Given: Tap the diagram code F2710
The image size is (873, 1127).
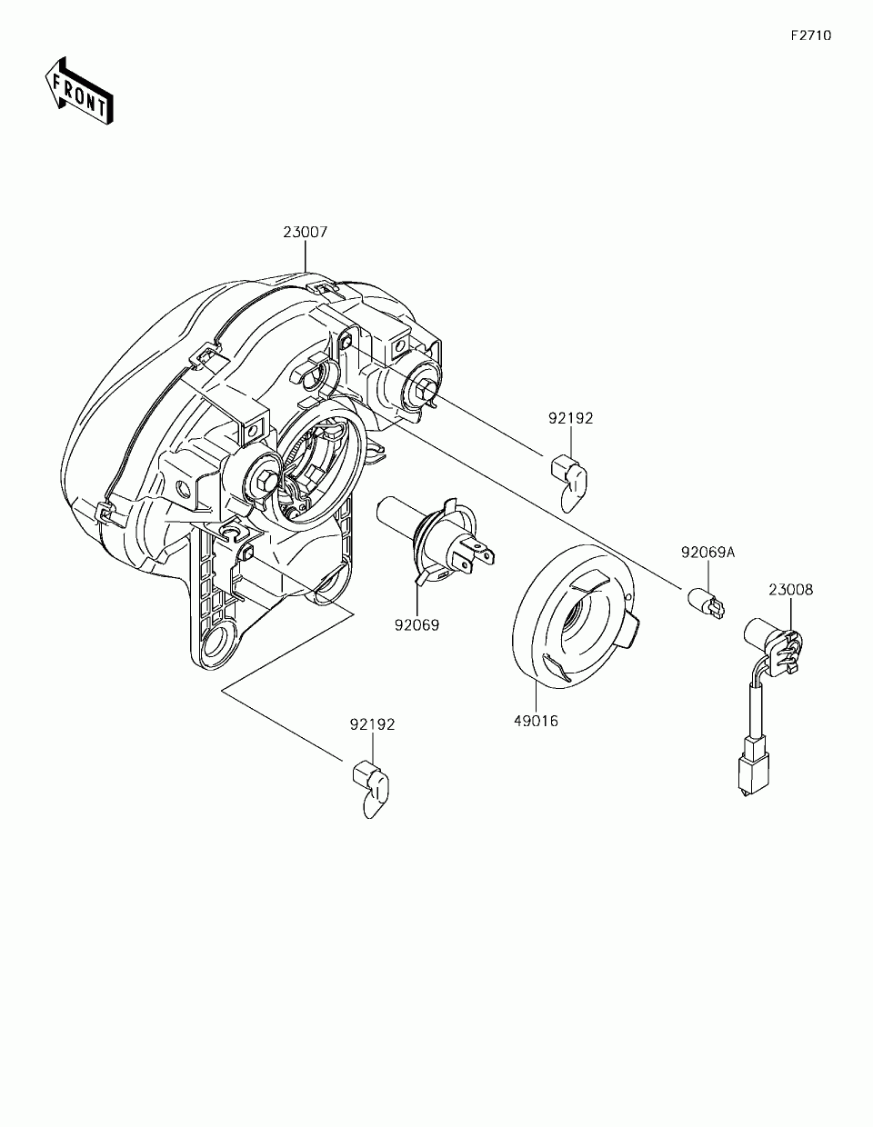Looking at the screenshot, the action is click(x=810, y=36).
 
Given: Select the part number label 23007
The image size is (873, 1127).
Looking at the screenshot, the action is click(x=305, y=233).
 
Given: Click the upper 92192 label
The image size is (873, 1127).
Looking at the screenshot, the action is click(x=570, y=419).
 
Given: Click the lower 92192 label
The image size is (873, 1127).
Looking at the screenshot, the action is click(x=373, y=724).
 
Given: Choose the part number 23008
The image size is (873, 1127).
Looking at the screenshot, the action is click(x=790, y=590).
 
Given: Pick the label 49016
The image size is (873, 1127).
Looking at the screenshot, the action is click(x=535, y=722).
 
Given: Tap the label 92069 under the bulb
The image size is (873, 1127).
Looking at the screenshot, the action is click(x=416, y=625).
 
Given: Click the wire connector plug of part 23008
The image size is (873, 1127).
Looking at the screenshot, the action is click(x=751, y=768).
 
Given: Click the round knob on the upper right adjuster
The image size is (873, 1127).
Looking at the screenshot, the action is click(x=425, y=384).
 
